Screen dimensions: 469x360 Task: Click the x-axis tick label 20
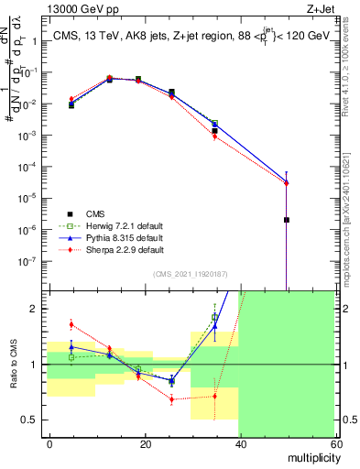(x=145, y=443)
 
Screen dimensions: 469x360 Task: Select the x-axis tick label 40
(x=240, y=443)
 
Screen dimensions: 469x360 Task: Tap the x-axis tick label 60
(x=334, y=443)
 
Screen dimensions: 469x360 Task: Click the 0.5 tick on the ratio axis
(x=33, y=420)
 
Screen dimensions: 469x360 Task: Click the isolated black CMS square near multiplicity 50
(x=287, y=220)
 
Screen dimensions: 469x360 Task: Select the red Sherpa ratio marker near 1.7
(x=71, y=324)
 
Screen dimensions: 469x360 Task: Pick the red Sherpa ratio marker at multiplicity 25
(x=171, y=399)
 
